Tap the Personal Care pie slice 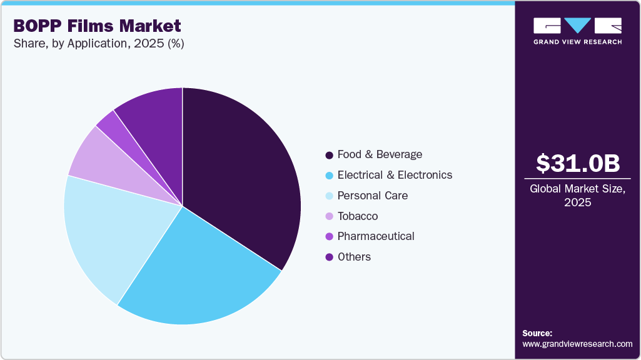113,231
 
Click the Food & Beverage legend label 380,154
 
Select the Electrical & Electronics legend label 395,175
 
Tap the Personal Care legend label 372,196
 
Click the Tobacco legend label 357,216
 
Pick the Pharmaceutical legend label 376,236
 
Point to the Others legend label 354,257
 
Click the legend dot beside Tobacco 329,216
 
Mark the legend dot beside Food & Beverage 329,154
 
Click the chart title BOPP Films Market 97,26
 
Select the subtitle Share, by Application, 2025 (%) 98,44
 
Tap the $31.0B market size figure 578,163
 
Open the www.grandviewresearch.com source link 578,344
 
